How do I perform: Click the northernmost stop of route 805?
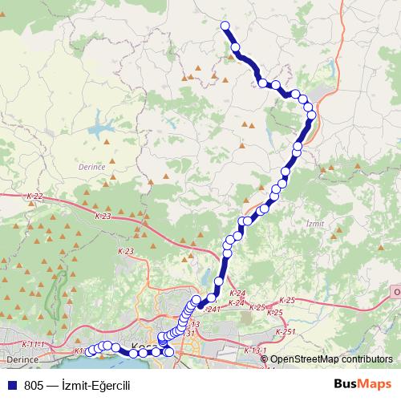[225, 26]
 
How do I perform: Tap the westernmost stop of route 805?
[90, 350]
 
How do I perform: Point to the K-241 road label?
[211, 309]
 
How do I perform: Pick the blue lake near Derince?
[100, 128]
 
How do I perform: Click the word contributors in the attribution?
[368, 359]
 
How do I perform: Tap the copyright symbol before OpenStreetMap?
[265, 359]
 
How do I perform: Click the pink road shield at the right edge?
[396, 293]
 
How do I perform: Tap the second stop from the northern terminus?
[236, 48]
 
